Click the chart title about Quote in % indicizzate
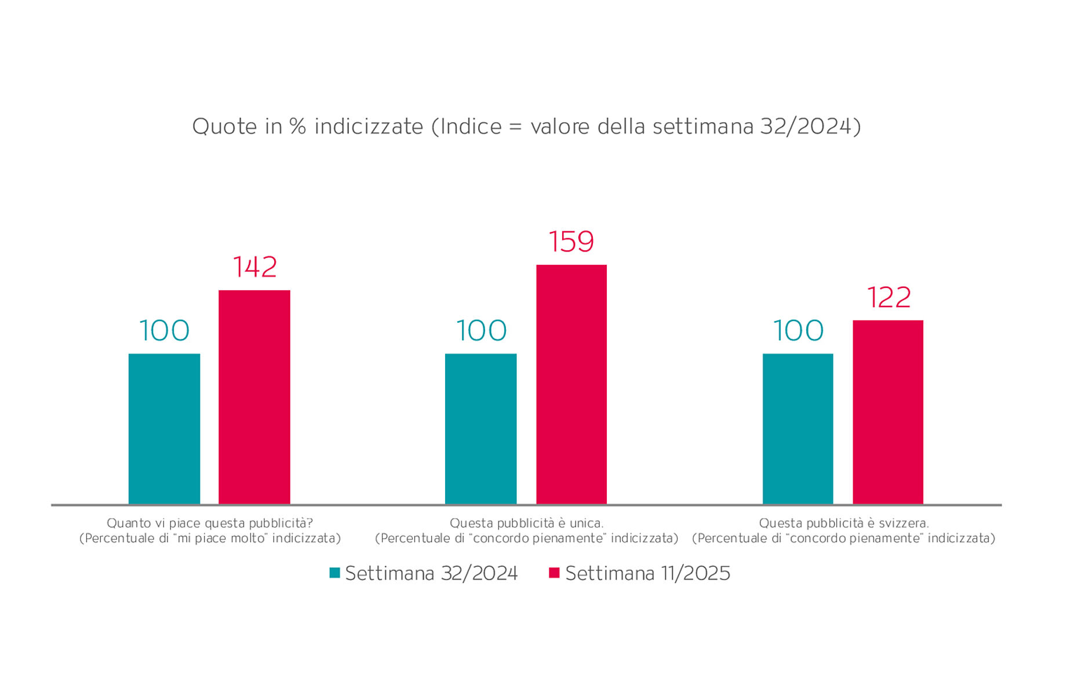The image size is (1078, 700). (x=526, y=126)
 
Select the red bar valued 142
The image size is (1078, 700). (x=254, y=397)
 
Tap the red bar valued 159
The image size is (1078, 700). (x=571, y=384)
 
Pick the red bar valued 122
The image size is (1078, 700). (x=887, y=412)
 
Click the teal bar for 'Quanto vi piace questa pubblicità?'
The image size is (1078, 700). (x=164, y=429)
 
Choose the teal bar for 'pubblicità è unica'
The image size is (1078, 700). (x=480, y=429)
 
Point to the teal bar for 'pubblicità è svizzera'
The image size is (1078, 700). (x=797, y=429)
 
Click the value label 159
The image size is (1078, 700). (x=571, y=242)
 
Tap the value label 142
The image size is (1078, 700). (x=254, y=267)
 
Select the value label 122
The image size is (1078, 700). (x=888, y=297)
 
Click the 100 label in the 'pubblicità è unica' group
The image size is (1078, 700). (x=481, y=331)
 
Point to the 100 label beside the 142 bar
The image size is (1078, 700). (x=164, y=331)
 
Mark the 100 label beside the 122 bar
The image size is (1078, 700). (x=798, y=331)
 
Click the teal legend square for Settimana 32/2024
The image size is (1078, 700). (x=334, y=573)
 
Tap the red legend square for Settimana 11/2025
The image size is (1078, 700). (x=554, y=573)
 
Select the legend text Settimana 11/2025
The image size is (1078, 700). (x=647, y=574)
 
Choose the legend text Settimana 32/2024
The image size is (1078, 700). (x=431, y=574)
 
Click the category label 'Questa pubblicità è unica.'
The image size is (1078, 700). (x=526, y=523)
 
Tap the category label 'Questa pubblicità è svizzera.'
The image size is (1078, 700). (x=843, y=523)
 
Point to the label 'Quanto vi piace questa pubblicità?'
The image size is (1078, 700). (x=210, y=523)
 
